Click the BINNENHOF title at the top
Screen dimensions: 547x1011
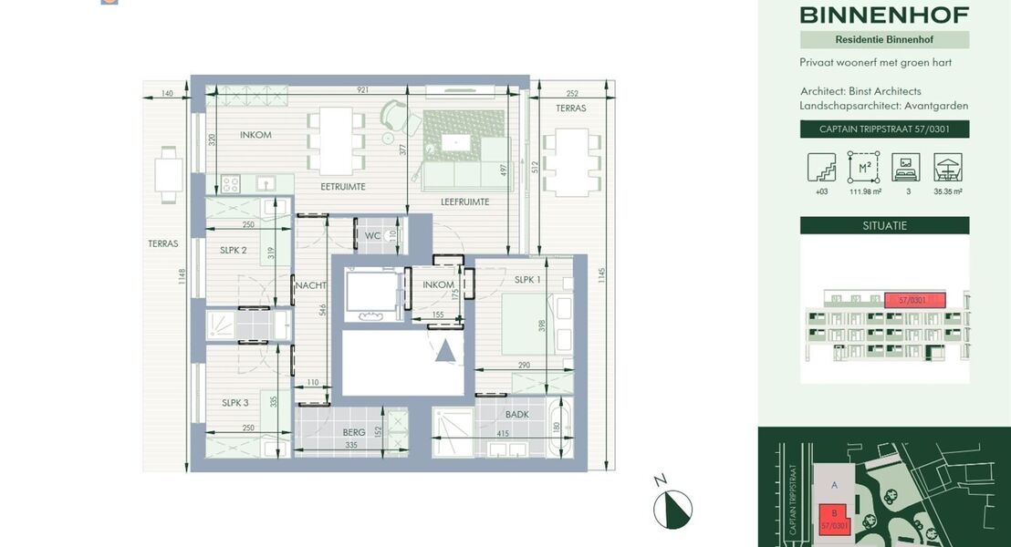pos(884,15)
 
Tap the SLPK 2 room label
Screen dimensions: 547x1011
pos(234,250)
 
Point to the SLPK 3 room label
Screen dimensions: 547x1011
pos(235,403)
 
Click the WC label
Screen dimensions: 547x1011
pos(371,236)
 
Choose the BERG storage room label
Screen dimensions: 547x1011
pos(354,432)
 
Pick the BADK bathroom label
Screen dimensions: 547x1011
pos(517,414)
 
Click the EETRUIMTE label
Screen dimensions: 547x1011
pos(343,186)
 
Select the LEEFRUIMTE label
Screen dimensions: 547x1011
pos(465,201)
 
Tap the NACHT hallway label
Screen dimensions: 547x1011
pos(310,285)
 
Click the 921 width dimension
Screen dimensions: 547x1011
pos(363,90)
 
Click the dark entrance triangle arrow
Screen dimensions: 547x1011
pos(445,350)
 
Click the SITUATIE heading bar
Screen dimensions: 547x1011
pos(884,225)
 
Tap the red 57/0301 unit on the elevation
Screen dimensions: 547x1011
pos(914,299)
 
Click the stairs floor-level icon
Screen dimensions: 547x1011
pos(821,168)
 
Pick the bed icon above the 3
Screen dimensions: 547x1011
pos(906,168)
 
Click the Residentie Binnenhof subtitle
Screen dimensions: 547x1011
pos(884,39)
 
